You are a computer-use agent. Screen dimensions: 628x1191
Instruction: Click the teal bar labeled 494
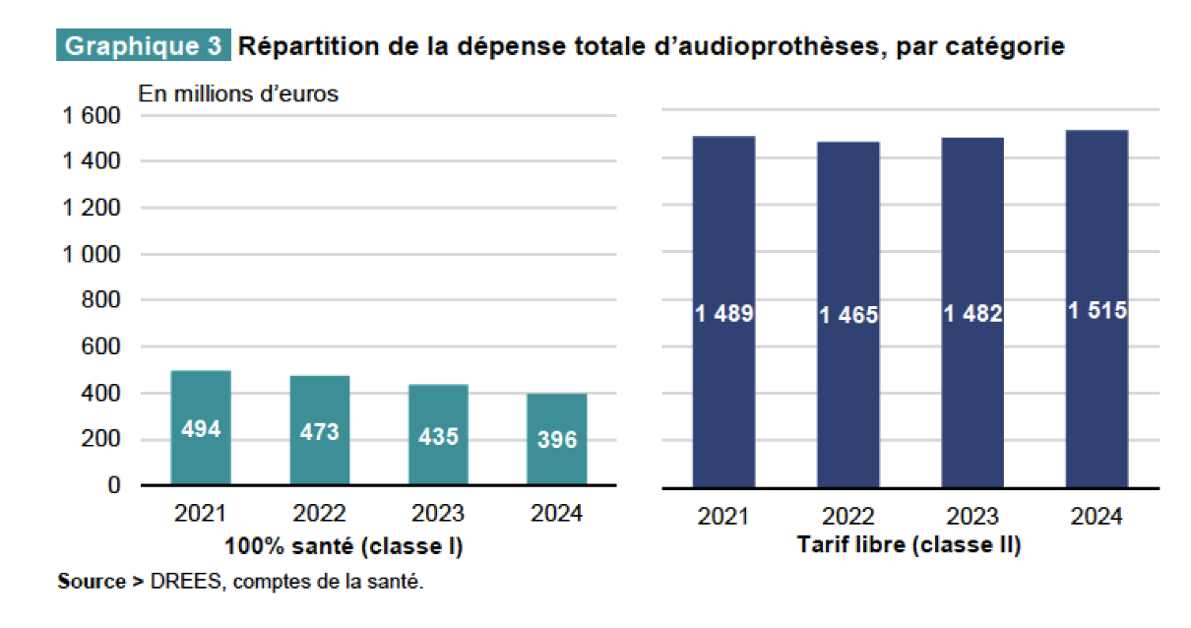point(201,428)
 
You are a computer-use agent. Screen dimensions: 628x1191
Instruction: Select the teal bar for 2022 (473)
point(319,431)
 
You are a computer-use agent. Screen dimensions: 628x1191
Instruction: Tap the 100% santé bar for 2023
point(438,435)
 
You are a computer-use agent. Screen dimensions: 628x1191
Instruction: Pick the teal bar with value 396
point(557,439)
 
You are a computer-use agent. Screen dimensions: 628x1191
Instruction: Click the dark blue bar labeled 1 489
point(723,312)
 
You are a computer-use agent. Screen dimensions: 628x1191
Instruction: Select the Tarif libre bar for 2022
point(847,315)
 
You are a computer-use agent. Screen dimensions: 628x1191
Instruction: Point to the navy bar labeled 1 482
point(972,313)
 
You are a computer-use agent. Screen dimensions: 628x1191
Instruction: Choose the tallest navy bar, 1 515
point(1097,309)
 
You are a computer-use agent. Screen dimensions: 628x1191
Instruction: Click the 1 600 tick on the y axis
point(91,116)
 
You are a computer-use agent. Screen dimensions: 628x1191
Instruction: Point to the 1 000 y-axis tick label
point(91,255)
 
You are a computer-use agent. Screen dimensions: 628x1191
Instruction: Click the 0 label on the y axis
point(113,486)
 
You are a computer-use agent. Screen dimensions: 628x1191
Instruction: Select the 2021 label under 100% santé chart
point(200,514)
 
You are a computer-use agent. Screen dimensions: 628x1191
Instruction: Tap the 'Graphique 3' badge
point(144,46)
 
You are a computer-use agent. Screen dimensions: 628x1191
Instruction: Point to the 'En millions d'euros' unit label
point(238,94)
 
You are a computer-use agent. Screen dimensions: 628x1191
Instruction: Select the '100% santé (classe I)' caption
point(344,545)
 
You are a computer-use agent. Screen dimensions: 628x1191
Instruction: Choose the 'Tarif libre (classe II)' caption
point(909,545)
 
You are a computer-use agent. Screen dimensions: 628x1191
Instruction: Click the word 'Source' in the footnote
point(91,582)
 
